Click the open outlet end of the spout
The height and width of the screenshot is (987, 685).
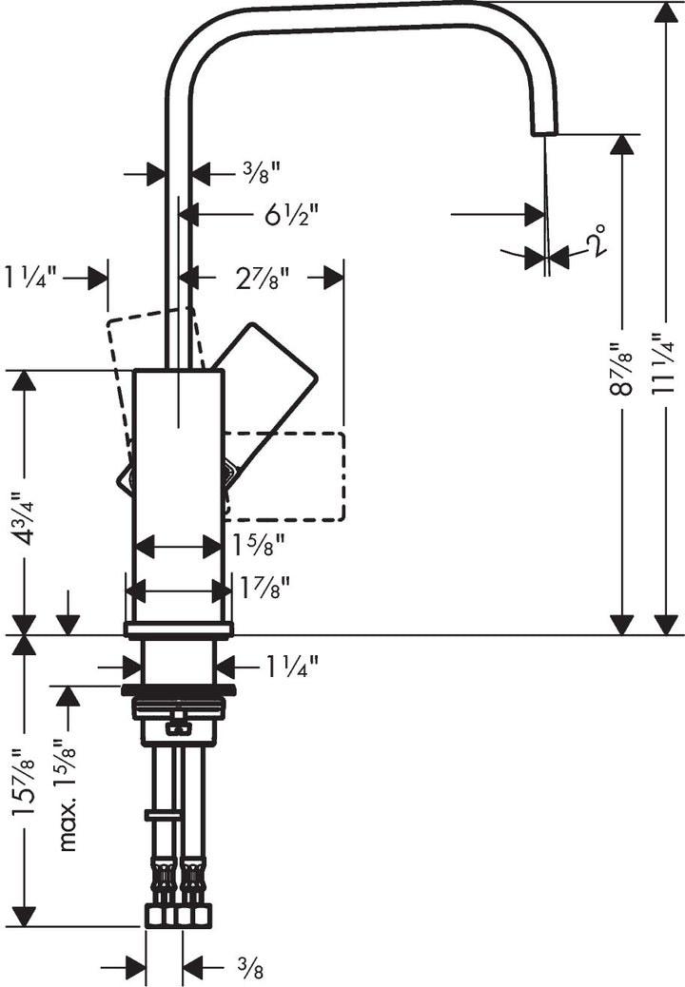click(x=543, y=130)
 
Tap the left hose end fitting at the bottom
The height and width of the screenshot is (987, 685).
click(x=159, y=915)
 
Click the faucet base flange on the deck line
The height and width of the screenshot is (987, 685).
click(x=178, y=629)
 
